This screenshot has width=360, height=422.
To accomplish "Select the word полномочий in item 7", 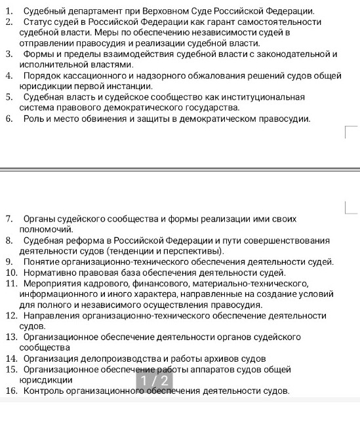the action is coord(47,229).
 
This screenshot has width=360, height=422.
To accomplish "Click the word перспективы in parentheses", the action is coord(197,250).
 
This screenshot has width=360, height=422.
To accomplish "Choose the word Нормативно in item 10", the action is coord(48,272).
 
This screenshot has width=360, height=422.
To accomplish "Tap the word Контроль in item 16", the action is coord(44,391).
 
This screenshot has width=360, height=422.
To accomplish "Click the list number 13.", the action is coord(10,337).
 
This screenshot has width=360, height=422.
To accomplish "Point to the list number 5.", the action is coord(9,97).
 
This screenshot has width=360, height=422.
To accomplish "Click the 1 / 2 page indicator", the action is coord(156,381).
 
